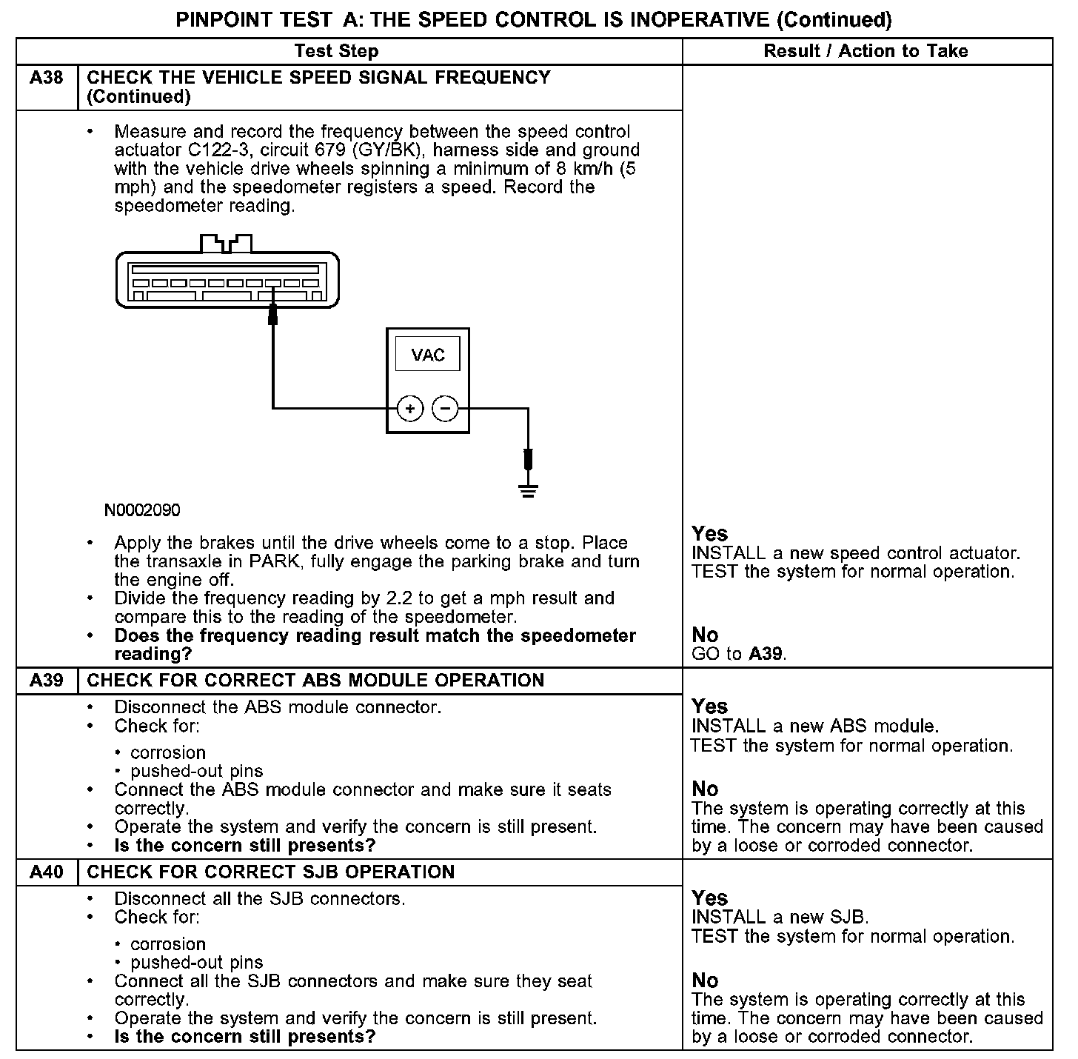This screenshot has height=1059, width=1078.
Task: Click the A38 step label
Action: (47, 78)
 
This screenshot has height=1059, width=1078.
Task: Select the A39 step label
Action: (47, 681)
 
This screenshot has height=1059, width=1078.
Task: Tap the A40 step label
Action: (47, 872)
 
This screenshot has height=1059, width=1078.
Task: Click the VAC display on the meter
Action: (428, 355)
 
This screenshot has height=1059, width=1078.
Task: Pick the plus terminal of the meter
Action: (410, 408)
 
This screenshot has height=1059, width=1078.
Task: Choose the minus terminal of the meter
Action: (445, 408)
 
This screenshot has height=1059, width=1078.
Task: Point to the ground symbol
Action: (528, 490)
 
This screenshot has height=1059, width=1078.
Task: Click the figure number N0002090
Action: (142, 510)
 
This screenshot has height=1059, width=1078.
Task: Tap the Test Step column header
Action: (336, 51)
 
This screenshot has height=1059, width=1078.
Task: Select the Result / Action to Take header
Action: (866, 51)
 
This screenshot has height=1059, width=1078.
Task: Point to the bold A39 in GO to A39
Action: (766, 654)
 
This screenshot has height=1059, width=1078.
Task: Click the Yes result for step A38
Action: (709, 534)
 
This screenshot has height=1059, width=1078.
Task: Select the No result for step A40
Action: (705, 981)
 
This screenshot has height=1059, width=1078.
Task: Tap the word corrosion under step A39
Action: (168, 752)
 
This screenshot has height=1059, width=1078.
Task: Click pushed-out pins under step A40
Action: (196, 963)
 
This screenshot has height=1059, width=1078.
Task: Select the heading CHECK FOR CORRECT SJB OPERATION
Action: (271, 872)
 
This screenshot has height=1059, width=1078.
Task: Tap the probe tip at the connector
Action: (272, 316)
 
